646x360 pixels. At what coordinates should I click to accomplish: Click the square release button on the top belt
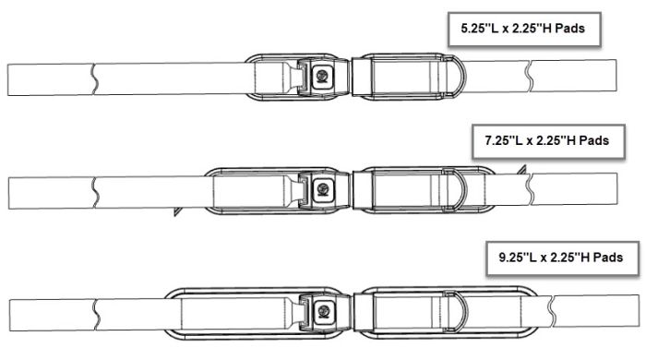pos(323,75)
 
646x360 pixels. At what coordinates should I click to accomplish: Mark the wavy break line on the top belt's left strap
pos(94,78)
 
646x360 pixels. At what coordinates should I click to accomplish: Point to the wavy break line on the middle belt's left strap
pos(95,192)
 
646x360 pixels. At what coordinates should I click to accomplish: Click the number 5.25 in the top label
pos(466,29)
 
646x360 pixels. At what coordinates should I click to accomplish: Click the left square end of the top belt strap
pos(9,78)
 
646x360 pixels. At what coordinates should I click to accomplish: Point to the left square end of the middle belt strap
pos(9,192)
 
